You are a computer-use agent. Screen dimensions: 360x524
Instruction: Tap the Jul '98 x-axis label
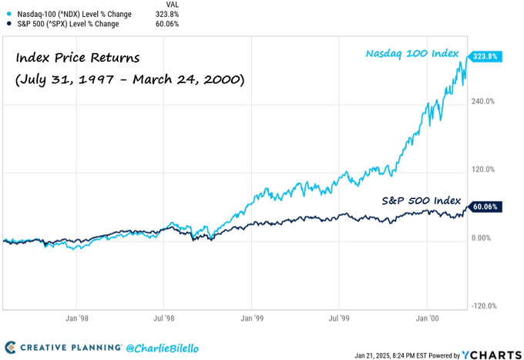[x=163, y=316]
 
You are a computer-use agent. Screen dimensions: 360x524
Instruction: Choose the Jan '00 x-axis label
[x=428, y=316]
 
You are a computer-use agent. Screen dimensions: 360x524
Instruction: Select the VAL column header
[x=173, y=4]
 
